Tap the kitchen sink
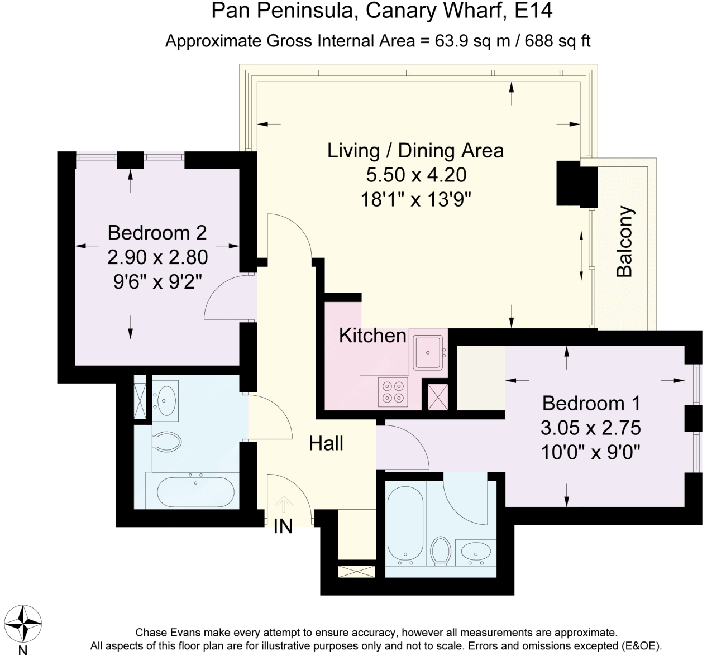tap(428, 352)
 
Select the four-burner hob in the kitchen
tap(393, 392)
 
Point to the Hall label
tap(326, 443)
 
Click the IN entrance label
tap(283, 526)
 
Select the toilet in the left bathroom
tap(168, 442)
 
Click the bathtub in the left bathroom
tap(195, 492)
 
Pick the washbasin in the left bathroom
tap(166, 401)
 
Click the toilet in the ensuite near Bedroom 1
tap(441, 551)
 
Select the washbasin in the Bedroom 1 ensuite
tap(476, 552)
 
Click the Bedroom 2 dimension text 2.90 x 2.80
tap(157, 257)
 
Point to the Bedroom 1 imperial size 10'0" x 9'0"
tap(591, 453)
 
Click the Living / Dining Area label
tap(415, 150)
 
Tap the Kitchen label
tap(372, 336)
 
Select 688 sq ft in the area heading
tap(558, 41)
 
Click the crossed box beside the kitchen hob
tap(437, 397)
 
